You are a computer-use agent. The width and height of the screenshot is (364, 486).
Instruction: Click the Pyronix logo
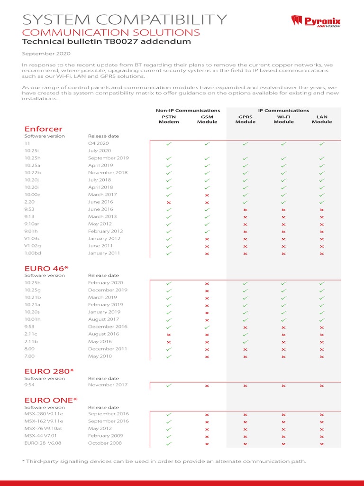[316, 21]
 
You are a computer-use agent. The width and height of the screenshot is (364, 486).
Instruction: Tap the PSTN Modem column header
[169, 119]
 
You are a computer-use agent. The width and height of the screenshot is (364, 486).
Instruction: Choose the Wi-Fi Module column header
[283, 119]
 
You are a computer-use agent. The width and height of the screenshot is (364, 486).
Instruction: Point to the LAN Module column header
[322, 119]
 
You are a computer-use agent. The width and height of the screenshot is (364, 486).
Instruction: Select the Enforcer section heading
[43, 129]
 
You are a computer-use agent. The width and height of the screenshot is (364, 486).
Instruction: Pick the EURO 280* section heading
[49, 370]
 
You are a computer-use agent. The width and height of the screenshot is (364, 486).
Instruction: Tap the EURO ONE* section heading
[51, 400]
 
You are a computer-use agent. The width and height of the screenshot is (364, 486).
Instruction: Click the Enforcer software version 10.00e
[33, 195]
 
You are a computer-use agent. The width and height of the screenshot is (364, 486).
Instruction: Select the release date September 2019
[109, 158]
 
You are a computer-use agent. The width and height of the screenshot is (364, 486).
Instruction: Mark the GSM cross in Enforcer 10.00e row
[207, 195]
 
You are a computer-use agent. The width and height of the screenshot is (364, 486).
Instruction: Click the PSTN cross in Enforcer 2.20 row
[169, 202]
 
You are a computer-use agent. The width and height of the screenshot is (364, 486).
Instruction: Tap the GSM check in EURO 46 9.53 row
[207, 327]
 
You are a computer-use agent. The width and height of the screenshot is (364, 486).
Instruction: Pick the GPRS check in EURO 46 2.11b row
[246, 342]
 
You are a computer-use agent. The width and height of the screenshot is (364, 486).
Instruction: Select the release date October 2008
[105, 443]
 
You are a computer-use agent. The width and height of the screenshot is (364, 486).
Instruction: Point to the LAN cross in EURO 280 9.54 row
[322, 386]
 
